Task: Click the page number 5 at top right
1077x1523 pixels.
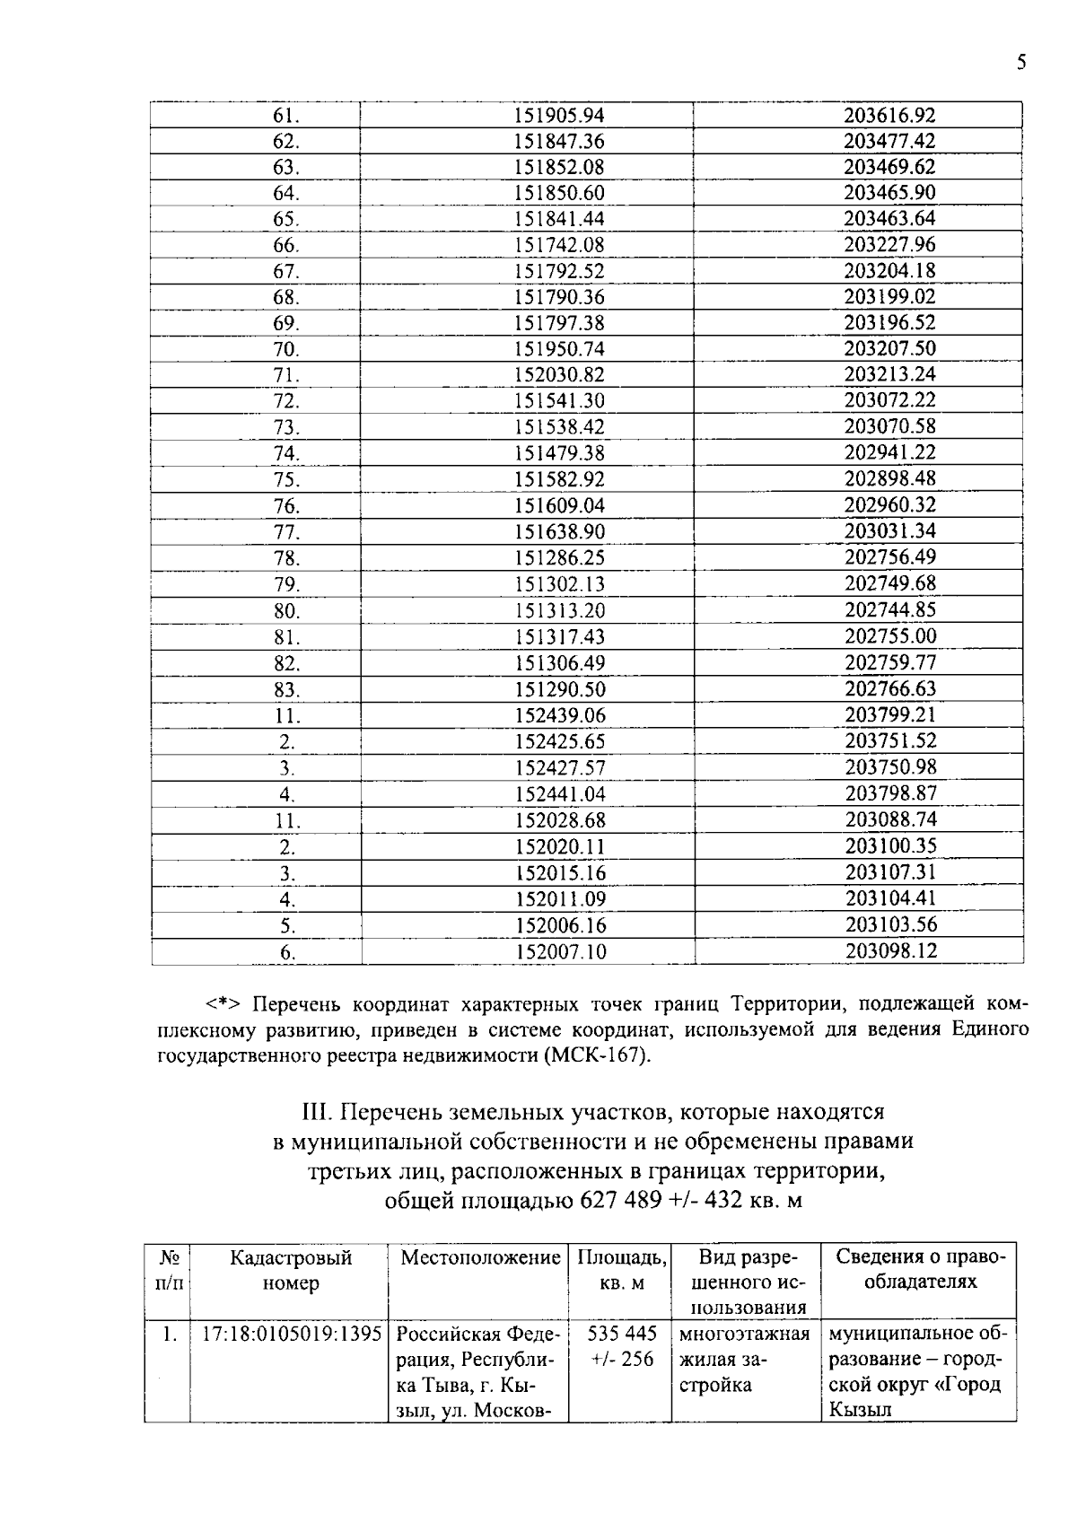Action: (x=1020, y=62)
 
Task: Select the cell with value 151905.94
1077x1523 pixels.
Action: (x=559, y=115)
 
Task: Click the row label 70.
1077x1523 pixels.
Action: (x=285, y=350)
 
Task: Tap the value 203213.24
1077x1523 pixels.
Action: (x=889, y=374)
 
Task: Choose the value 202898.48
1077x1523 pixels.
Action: (x=889, y=478)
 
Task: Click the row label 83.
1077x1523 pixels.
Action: (x=286, y=690)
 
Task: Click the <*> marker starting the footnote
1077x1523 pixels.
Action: (x=223, y=1003)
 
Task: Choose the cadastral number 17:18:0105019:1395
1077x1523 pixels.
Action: (x=291, y=1334)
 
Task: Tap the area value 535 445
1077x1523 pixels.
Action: (x=622, y=1334)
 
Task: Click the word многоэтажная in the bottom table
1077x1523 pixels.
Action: (x=744, y=1334)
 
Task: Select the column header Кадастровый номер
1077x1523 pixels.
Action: (x=291, y=1271)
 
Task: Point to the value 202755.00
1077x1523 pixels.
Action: (x=889, y=636)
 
